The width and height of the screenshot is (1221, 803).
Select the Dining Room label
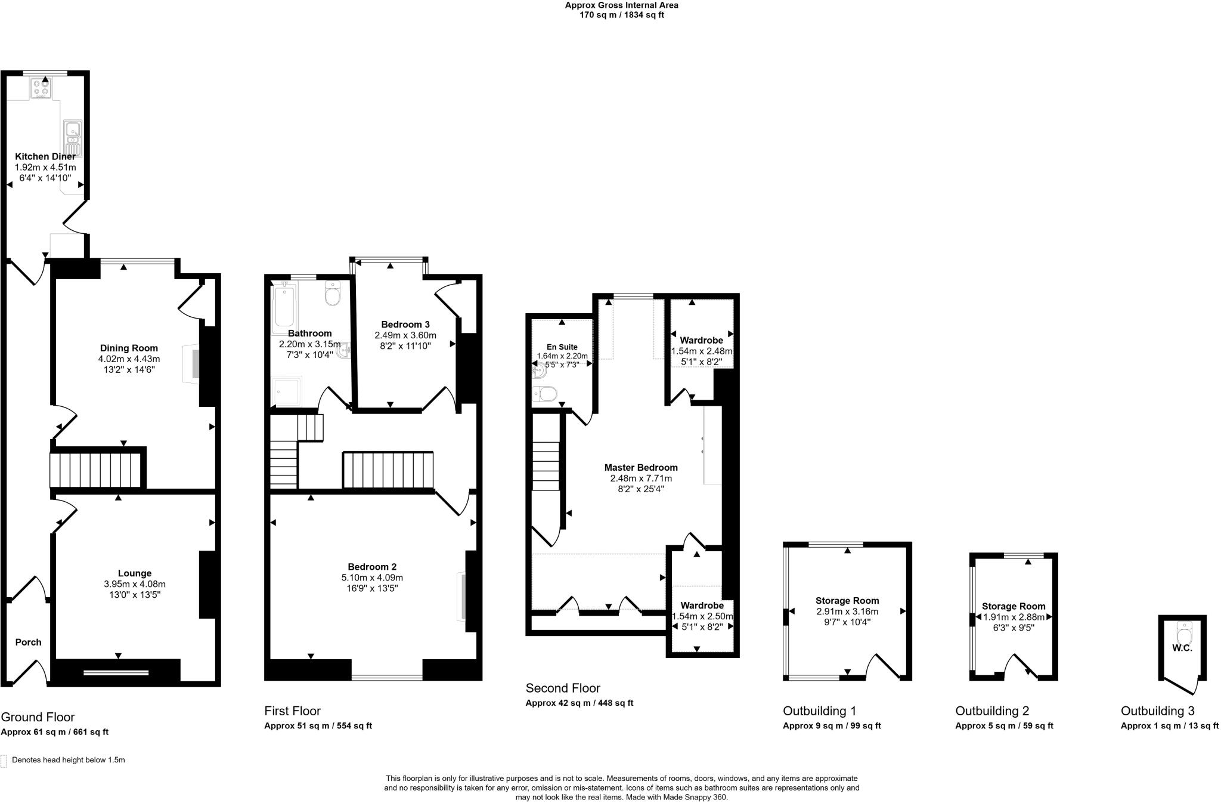(129, 348)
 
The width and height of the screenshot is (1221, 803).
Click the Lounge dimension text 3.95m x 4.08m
(135, 584)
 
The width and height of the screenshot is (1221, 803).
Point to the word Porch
(28, 642)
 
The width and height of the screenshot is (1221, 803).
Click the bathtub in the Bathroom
(283, 310)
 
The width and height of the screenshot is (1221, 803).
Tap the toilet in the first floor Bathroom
(333, 294)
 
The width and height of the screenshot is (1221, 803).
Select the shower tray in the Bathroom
(287, 391)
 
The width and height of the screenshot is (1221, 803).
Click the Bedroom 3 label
(405, 324)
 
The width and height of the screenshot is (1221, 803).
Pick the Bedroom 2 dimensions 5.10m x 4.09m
(372, 577)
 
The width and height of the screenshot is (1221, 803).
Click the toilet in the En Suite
(545, 394)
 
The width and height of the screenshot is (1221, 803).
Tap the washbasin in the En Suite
(538, 372)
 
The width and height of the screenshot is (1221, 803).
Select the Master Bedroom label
(641, 467)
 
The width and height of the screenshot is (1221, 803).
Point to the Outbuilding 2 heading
(992, 711)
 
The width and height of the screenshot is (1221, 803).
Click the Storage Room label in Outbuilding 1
(847, 600)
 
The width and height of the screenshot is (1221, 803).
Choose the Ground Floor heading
(38, 716)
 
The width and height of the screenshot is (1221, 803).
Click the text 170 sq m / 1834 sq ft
(622, 15)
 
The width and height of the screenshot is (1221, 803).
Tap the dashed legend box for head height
(4, 761)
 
